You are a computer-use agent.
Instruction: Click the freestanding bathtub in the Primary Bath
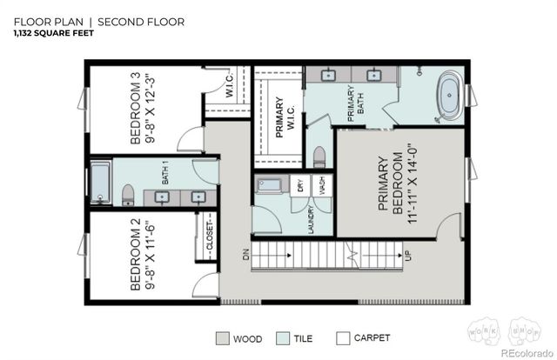click(x=450, y=95)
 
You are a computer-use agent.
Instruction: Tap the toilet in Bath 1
click(x=128, y=195)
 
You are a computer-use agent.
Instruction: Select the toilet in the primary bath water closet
click(x=319, y=157)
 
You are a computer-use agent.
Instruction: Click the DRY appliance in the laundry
click(x=300, y=185)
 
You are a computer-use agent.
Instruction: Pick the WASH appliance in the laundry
click(x=322, y=185)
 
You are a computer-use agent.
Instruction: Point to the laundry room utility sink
click(x=269, y=185)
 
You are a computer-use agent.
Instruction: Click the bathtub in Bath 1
click(x=101, y=183)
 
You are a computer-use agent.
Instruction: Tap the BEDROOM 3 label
click(x=136, y=109)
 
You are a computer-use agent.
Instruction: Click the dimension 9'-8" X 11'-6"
click(x=151, y=255)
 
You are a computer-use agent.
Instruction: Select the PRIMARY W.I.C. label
click(x=285, y=117)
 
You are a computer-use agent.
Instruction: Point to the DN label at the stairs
click(x=245, y=255)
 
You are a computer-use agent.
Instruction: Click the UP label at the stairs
click(x=408, y=256)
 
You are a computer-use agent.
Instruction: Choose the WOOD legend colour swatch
click(x=223, y=338)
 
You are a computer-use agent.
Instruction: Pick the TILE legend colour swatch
click(x=283, y=338)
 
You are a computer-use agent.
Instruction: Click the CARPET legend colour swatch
click(x=343, y=338)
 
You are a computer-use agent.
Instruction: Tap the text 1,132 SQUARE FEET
click(x=54, y=33)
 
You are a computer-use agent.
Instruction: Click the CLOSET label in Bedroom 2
click(x=209, y=235)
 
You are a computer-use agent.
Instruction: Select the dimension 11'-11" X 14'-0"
click(x=412, y=183)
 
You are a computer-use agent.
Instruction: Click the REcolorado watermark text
click(x=527, y=353)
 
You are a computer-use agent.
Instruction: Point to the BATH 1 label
click(x=165, y=172)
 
